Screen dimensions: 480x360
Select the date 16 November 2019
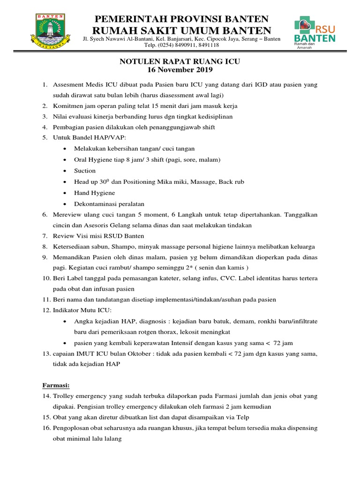(x=180, y=70)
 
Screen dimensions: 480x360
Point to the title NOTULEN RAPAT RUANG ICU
(x=180, y=62)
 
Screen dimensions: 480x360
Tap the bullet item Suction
(x=85, y=171)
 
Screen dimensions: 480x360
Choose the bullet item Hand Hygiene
(x=94, y=193)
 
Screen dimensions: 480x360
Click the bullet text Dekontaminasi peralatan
(x=109, y=204)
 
